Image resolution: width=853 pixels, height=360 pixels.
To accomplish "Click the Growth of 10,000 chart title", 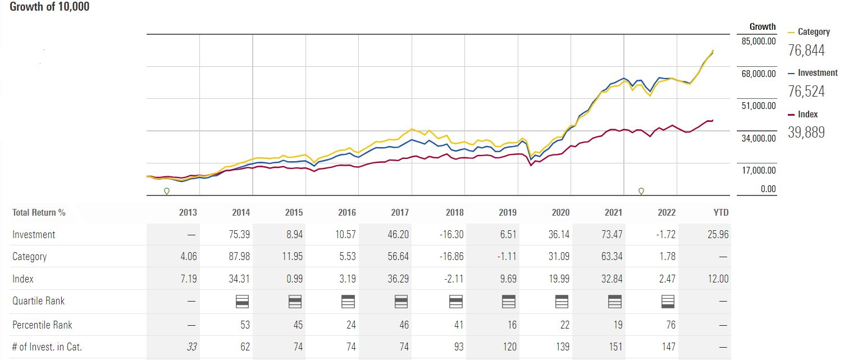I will pos(49,7).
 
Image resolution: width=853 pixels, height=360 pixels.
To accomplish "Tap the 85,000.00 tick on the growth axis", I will pos(759,41).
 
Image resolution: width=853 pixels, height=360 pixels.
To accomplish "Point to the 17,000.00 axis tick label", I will pos(759,170).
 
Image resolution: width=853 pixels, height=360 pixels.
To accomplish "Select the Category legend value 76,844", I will pos(806,51).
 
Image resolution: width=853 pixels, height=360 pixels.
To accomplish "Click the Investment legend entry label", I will pos(817,73).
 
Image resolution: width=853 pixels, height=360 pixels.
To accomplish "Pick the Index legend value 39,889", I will pos(806,133).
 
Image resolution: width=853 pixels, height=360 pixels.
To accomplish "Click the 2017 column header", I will pos(400,213).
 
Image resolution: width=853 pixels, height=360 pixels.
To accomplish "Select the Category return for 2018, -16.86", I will pos(451,257).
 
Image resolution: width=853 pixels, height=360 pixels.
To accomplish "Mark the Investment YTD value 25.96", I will pos(718,235).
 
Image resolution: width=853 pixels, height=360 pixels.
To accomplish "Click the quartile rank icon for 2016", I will pos(348,302).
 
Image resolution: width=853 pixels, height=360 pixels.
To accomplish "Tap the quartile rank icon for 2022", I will pos(668,302).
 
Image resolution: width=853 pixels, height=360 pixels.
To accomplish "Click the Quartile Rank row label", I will pos(38,301).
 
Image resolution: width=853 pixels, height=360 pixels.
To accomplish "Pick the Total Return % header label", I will pos(39,213).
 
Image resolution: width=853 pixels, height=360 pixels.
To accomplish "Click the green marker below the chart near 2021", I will pos(641,192).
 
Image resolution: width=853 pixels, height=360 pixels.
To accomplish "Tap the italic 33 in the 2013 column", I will pos(192,347).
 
